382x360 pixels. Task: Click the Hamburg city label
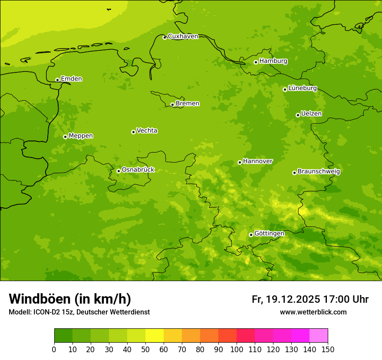[273, 61]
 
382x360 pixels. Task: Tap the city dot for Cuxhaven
[165, 37]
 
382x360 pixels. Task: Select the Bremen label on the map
[188, 104]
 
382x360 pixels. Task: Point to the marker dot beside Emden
[57, 80]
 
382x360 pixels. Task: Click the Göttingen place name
[269, 233]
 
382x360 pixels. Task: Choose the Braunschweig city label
[319, 172]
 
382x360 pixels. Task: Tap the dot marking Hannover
[240, 163]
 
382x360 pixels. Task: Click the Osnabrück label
[138, 170]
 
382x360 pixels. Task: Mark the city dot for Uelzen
[298, 115]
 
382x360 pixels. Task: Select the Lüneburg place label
[303, 88]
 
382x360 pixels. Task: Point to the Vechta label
[147, 131]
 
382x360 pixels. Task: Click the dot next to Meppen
[65, 137]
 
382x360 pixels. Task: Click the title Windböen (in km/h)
[70, 299]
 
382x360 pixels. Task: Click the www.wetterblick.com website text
[313, 312]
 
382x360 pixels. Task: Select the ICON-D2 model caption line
[79, 312]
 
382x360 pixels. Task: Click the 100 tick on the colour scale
[237, 349]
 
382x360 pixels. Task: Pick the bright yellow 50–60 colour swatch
[155, 336]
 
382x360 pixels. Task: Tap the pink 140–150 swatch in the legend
[319, 336]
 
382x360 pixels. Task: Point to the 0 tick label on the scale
[54, 349]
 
